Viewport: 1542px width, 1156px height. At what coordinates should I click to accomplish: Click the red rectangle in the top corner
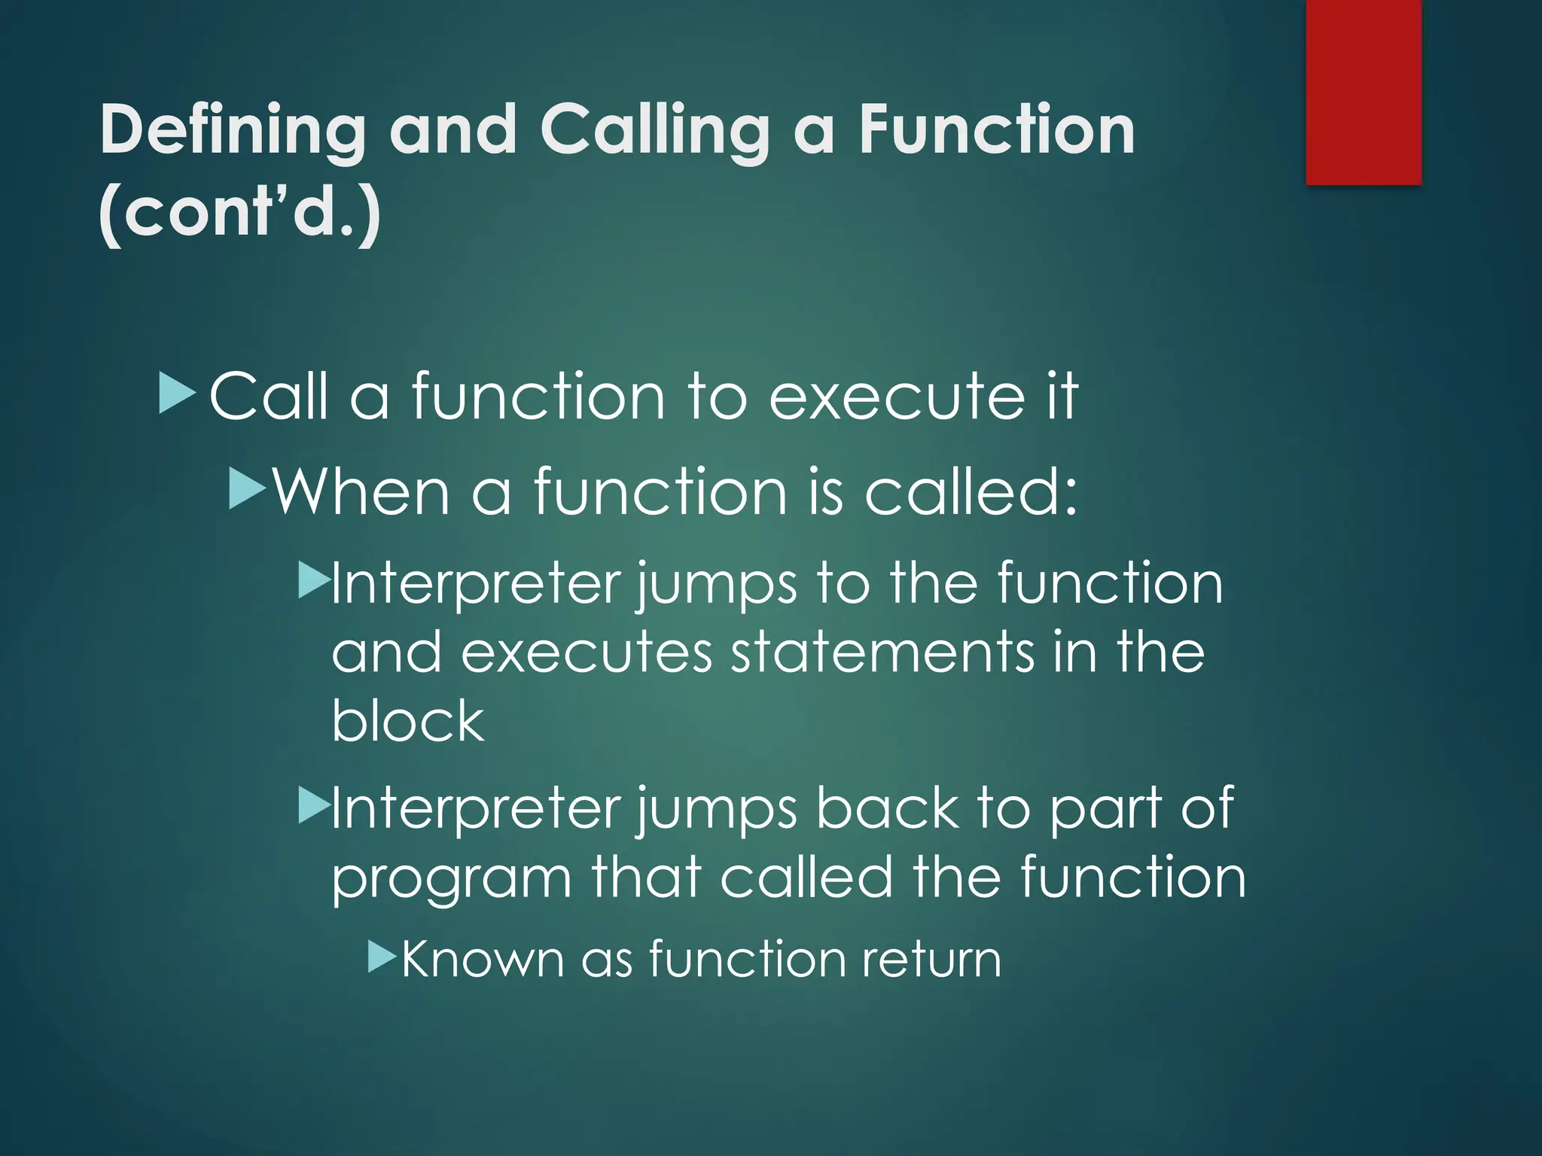[1364, 92]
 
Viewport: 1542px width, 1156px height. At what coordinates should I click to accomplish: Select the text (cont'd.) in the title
[239, 212]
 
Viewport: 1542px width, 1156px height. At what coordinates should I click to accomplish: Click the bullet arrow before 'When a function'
[247, 488]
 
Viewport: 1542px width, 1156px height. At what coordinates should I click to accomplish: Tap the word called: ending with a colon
[971, 492]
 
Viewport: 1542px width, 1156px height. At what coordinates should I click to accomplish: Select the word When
[361, 492]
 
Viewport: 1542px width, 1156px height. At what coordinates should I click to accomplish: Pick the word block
[407, 720]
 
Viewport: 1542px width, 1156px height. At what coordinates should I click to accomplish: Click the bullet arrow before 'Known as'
[382, 957]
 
